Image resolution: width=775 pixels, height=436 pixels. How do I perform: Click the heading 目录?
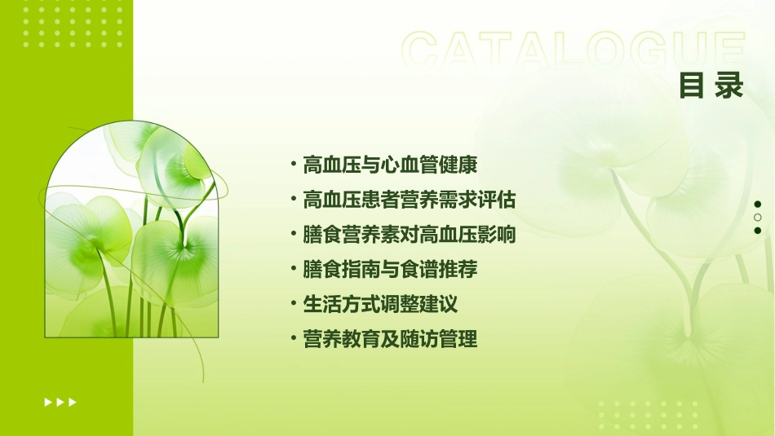click(x=711, y=85)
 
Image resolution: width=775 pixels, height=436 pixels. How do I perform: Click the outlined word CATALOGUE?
click(x=573, y=51)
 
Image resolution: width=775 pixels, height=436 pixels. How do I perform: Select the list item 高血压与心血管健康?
click(x=389, y=165)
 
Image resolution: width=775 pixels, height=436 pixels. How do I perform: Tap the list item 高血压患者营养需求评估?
click(x=409, y=200)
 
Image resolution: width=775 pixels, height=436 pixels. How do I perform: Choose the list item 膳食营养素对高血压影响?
click(x=409, y=235)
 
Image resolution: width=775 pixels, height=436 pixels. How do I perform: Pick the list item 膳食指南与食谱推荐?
click(x=389, y=269)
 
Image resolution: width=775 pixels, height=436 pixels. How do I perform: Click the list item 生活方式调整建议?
click(x=379, y=304)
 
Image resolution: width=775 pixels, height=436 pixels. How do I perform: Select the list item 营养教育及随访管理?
click(x=389, y=339)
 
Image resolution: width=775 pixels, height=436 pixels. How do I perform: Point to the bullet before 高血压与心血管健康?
click(x=294, y=165)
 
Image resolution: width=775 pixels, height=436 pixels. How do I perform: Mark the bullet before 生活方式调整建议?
click(x=294, y=304)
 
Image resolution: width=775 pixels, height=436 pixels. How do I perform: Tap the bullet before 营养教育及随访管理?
click(x=294, y=339)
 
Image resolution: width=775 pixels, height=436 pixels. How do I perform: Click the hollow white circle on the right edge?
click(x=758, y=218)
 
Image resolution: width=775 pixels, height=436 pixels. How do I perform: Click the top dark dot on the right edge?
click(x=758, y=205)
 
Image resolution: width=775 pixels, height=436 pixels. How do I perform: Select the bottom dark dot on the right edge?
click(x=758, y=231)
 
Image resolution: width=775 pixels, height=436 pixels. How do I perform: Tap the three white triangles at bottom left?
click(x=60, y=402)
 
